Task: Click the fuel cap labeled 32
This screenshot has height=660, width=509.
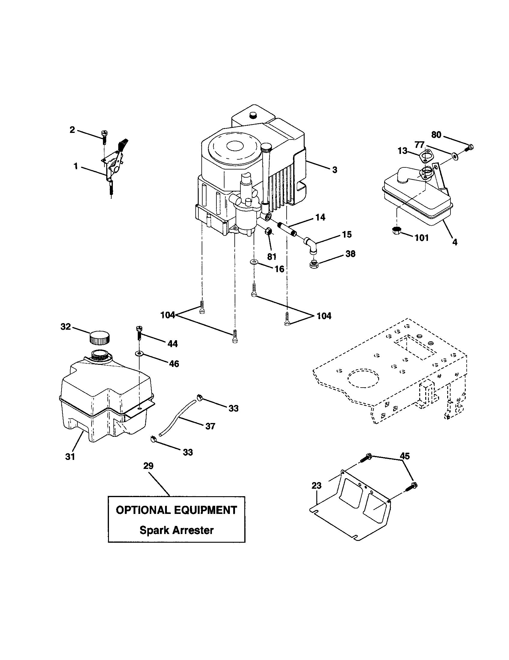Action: [99, 338]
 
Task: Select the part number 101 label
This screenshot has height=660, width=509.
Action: [422, 238]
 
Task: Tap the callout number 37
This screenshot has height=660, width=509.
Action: [210, 426]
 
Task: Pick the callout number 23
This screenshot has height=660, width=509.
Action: [316, 486]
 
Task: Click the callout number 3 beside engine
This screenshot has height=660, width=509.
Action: [334, 170]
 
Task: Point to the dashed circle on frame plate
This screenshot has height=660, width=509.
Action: [363, 379]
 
